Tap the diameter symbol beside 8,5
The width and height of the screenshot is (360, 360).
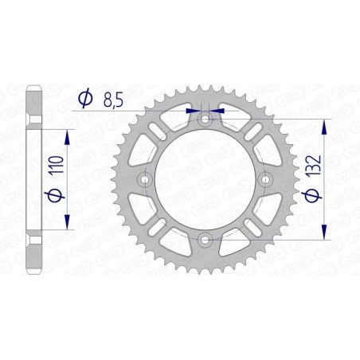coord(83,99)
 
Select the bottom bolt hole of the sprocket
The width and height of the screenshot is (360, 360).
coord(205,238)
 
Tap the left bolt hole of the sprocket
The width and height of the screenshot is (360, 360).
coord(147,180)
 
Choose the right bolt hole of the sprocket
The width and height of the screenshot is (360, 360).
coord(264,180)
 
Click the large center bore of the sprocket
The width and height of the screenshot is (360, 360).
coord(205,180)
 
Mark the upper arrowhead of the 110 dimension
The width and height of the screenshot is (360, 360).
coord(67,136)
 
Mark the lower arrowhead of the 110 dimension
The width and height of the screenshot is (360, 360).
coord(67,224)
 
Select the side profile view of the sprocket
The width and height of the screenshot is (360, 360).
coord(34,180)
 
